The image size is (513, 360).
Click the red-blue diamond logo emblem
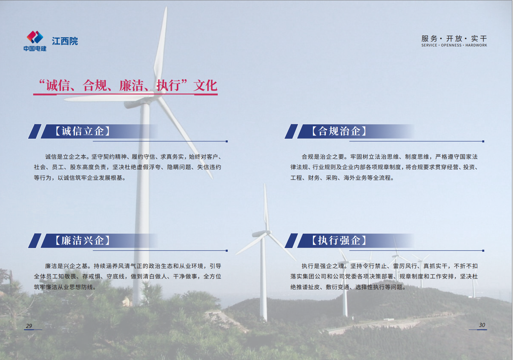pos(35,37)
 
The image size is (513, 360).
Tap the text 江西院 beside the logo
pos(65,41)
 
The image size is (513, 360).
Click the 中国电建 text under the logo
pos(35,48)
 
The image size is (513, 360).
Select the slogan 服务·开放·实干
pos(454,38)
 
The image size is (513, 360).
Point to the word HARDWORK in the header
pos(476,45)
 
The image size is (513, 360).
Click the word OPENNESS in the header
pos(451,45)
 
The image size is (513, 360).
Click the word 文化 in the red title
pos(205,85)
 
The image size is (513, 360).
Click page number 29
pos(29,326)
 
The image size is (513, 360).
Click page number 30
pos(482,325)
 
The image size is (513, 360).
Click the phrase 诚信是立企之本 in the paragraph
pos(66,157)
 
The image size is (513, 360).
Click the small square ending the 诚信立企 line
pos(227,141)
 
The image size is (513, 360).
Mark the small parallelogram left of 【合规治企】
pos(291,131)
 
